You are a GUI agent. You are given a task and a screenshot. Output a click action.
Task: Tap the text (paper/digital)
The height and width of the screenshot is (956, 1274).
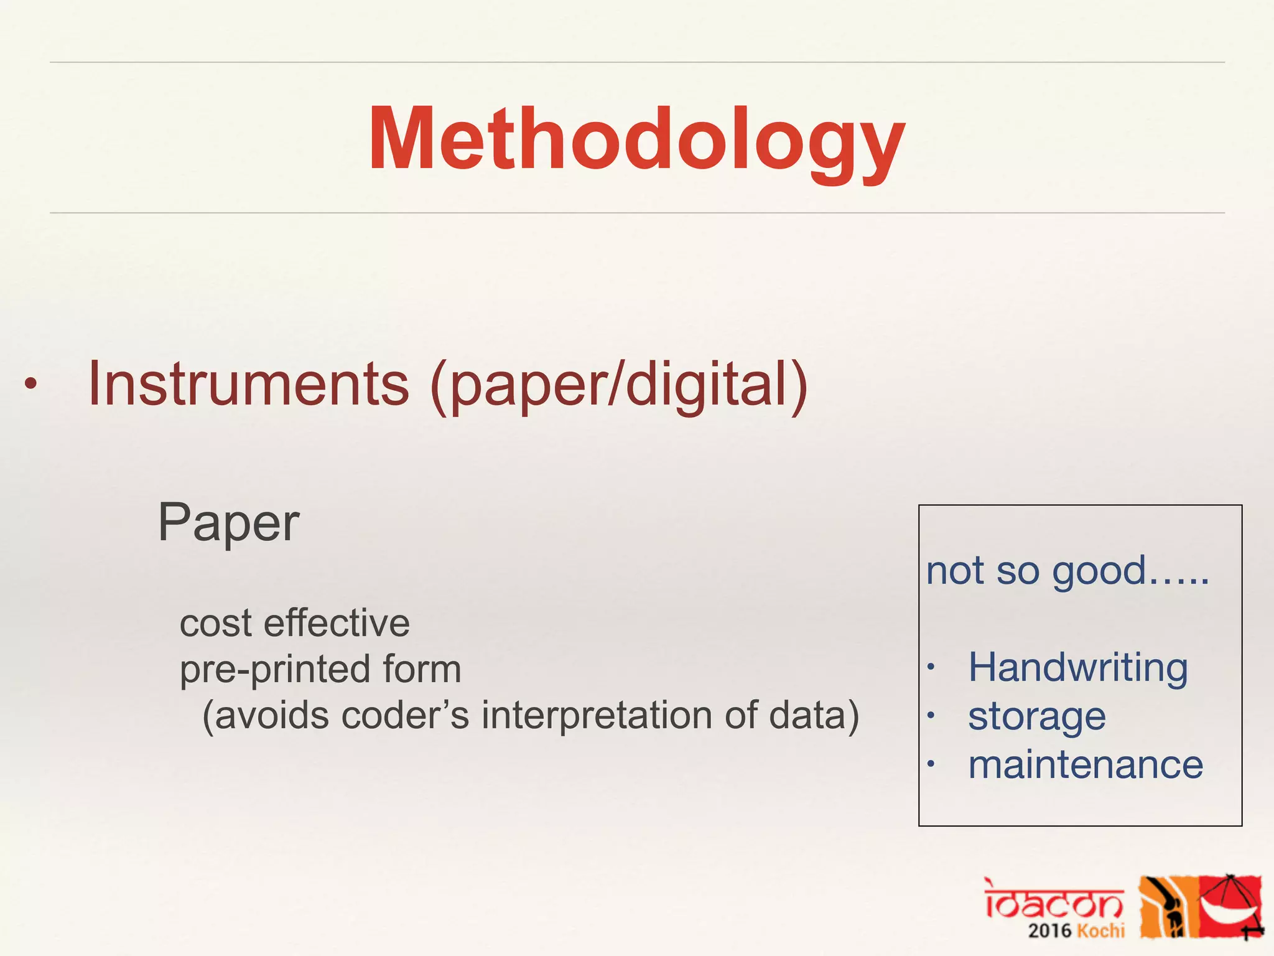coord(619,386)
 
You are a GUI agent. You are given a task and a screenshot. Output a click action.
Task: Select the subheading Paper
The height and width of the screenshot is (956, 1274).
coord(228,523)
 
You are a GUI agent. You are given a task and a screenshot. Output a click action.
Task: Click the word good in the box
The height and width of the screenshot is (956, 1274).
coord(1099,571)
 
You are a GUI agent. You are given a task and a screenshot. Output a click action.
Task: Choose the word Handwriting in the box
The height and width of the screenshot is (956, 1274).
coord(1078,668)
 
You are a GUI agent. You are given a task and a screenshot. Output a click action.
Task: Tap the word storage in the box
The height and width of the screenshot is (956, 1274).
coord(1037,716)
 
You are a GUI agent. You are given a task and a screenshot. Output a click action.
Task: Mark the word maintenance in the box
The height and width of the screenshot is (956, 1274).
coord(1086,764)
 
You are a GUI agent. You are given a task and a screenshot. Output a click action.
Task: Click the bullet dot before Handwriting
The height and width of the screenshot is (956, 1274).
coord(931,668)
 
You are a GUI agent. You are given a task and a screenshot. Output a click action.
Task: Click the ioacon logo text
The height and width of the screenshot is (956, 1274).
coord(1053,900)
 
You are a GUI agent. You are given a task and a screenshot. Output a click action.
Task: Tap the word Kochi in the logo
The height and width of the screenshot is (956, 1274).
coord(1100,931)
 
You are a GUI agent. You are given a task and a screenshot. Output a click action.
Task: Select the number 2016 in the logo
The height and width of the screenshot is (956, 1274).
coord(1050,931)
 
